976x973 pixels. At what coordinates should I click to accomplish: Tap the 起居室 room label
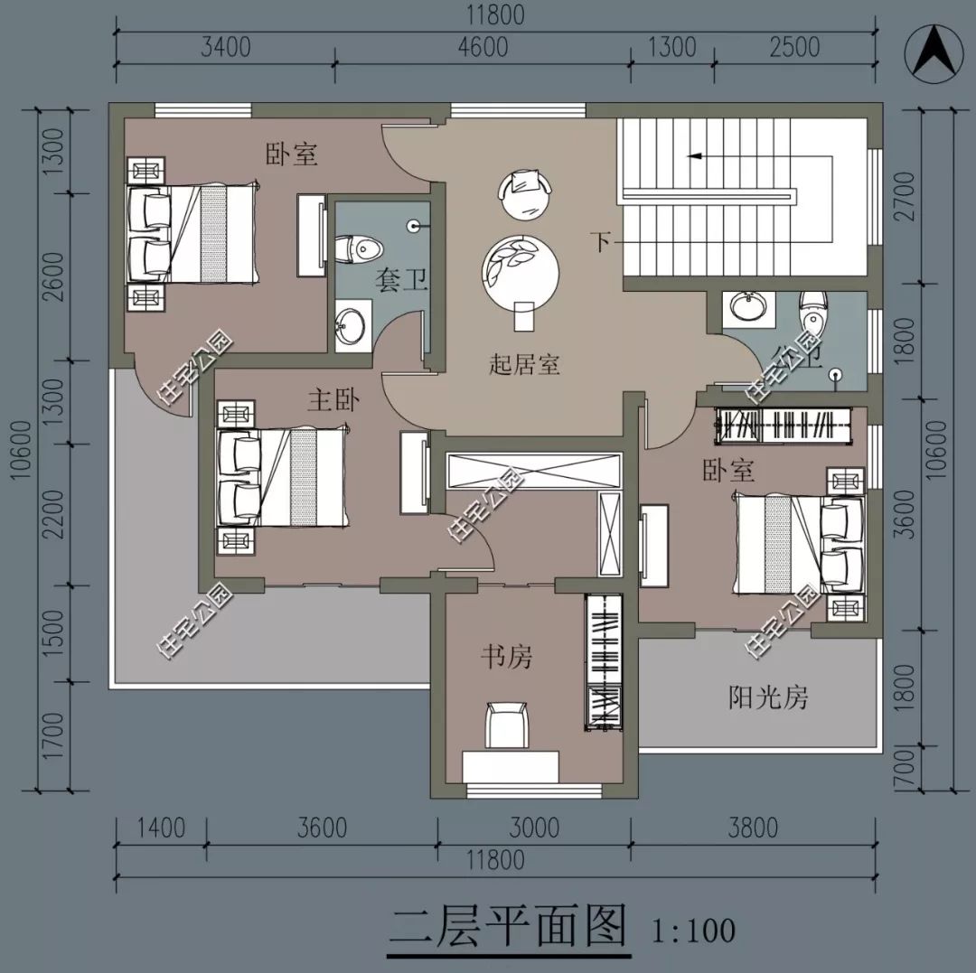[x=524, y=365]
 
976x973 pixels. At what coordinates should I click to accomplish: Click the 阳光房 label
[x=767, y=697]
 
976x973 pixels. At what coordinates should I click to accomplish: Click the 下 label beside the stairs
[x=602, y=242]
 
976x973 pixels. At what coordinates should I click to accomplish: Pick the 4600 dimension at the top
[x=483, y=47]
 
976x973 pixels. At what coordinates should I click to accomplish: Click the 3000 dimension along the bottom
[x=534, y=828]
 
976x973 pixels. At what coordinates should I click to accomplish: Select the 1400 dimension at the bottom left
[x=160, y=828]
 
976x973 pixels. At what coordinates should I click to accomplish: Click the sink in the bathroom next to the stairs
[x=748, y=306]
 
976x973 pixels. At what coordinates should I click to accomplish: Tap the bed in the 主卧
[x=280, y=479]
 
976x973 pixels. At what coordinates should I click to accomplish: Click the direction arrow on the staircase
[x=696, y=156]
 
